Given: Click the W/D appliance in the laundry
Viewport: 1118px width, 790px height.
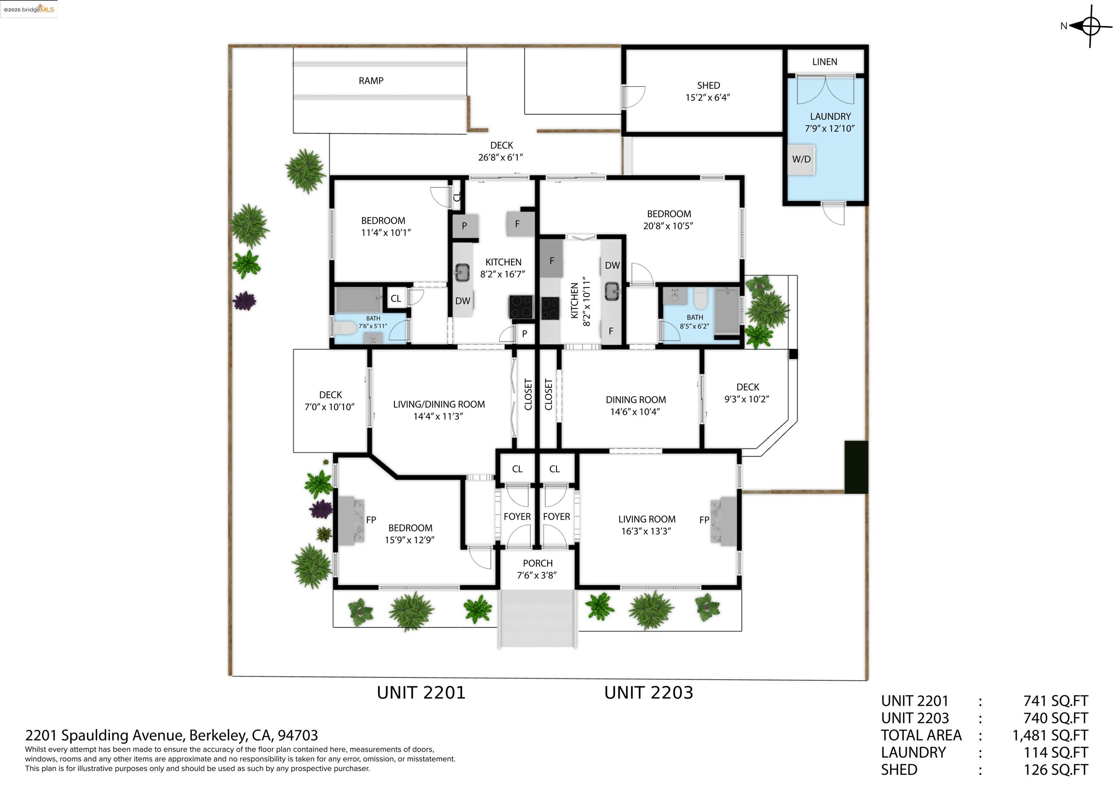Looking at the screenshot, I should coord(801,159).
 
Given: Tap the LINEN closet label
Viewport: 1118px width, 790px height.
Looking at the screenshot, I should coord(824,62).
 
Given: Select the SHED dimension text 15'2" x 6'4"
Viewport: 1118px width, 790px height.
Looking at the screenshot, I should coord(707,98).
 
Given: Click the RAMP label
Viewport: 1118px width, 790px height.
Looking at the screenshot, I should coord(371,81).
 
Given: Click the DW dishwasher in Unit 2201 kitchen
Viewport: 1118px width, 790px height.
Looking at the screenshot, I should coord(463,301).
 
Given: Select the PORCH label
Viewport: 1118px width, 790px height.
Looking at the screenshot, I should coord(538,563).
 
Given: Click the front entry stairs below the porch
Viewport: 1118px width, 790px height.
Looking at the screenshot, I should coord(538,619).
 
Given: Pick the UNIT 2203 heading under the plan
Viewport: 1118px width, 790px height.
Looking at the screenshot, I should coord(648,692).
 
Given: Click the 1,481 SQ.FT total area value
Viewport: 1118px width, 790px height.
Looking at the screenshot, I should coord(1050,735).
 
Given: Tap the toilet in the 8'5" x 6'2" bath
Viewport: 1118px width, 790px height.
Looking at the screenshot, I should coord(700,298).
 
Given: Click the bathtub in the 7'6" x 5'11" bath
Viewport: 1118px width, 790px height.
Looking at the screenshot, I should coord(359,299).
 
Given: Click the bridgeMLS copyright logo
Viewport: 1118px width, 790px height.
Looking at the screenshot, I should coord(29,9).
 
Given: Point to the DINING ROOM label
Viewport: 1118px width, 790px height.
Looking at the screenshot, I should coord(635,400).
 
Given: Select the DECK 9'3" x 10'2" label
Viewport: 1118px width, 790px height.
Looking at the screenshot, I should coord(748,387).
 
